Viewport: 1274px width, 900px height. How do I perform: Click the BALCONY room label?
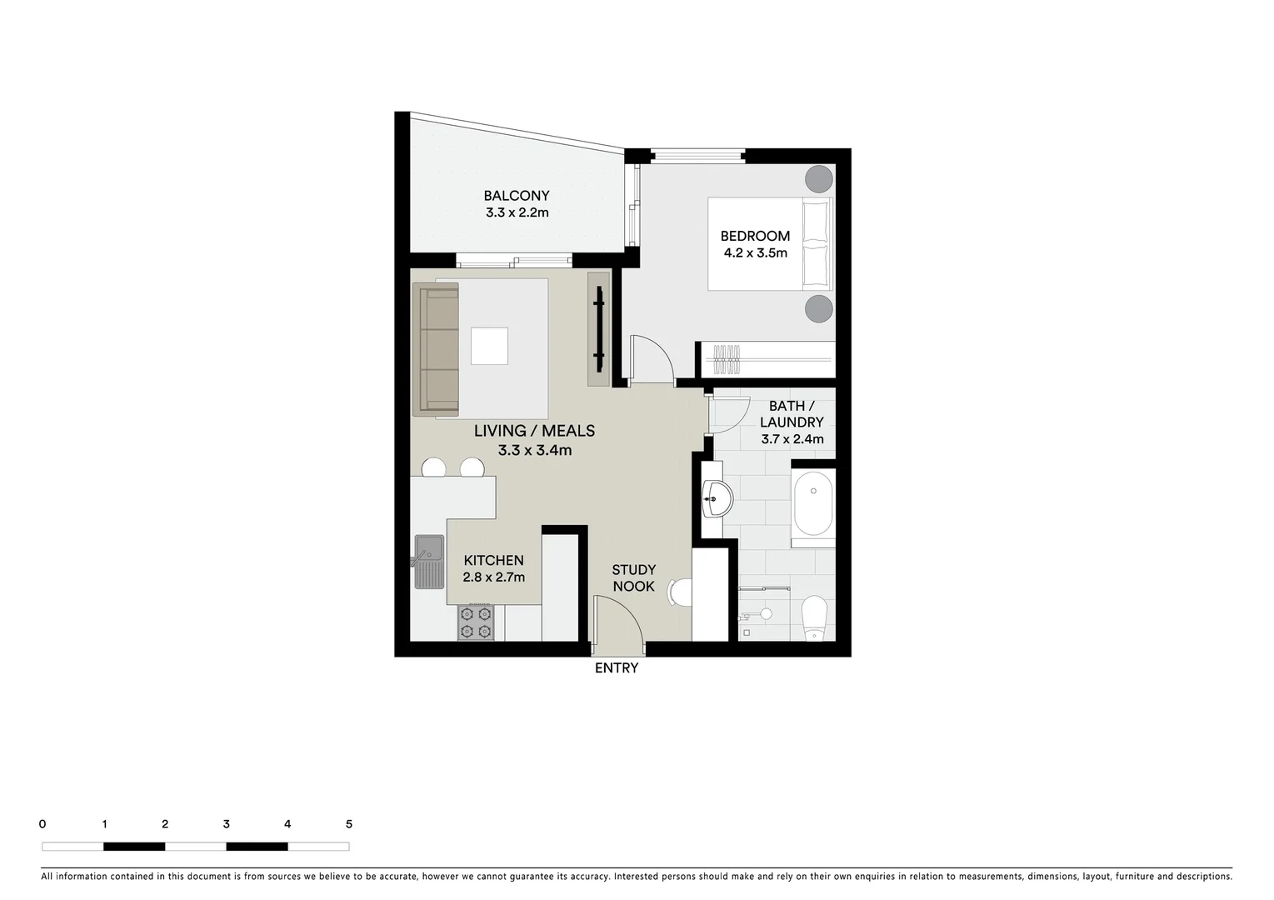coord(517,196)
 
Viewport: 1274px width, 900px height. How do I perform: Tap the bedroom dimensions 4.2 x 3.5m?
coord(754,252)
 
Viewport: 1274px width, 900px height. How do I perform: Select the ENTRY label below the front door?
coord(616,667)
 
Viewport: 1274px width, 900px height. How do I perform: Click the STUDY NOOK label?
coord(633,577)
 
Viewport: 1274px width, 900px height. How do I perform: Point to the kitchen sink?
coord(429,561)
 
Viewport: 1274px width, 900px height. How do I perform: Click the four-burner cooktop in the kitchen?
coord(475,622)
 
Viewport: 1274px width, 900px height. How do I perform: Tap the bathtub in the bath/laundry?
coord(812,505)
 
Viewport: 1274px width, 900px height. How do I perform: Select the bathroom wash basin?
coord(716,499)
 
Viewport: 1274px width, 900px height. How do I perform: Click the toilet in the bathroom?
coord(813,617)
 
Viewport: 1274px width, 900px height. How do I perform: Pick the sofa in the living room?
coord(436,348)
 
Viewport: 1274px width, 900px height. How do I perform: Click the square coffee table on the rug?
coord(489,346)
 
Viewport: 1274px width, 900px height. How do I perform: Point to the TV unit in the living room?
coord(598,329)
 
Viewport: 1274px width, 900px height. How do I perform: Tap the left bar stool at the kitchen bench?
coord(433,468)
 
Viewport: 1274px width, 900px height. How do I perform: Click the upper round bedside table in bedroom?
coord(818,178)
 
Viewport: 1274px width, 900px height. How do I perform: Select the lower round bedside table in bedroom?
coord(818,308)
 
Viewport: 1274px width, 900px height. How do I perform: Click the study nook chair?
coord(681,593)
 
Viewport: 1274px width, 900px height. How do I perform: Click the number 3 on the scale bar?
coord(227,824)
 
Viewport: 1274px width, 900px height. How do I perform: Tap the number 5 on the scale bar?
coord(348,824)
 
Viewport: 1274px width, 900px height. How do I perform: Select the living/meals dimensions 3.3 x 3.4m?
coord(534,450)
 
